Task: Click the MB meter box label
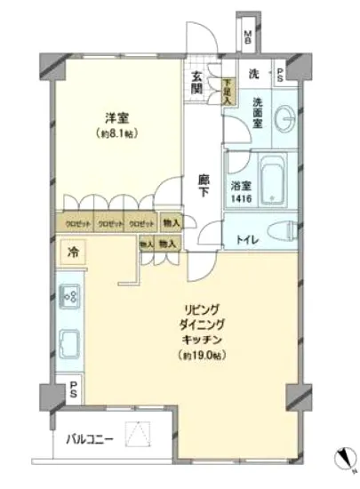click(249, 37)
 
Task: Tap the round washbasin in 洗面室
click(284, 120)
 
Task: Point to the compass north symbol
click(342, 461)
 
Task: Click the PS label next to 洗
click(281, 75)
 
